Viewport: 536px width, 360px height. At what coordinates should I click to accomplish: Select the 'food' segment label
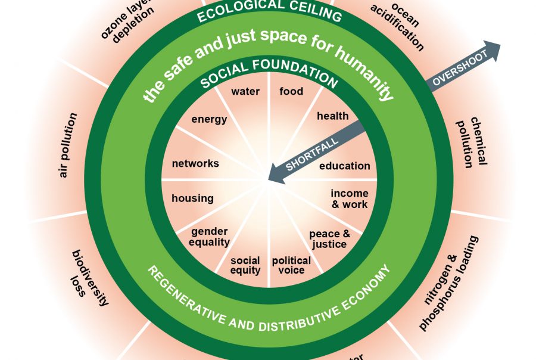(291, 91)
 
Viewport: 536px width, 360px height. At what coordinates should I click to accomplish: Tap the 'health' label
(332, 116)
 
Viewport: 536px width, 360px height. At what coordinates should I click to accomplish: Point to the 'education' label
(344, 166)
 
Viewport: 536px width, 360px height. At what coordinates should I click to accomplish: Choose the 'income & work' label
(350, 199)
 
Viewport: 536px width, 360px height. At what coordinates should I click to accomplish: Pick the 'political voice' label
(291, 265)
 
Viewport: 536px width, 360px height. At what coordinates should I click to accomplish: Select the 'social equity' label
(245, 265)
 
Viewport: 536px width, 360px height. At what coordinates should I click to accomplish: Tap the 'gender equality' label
(210, 237)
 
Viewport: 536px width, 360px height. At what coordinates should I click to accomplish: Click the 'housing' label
(192, 198)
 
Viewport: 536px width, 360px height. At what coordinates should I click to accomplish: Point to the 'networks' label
(195, 163)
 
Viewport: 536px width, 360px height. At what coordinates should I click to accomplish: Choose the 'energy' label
(209, 119)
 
